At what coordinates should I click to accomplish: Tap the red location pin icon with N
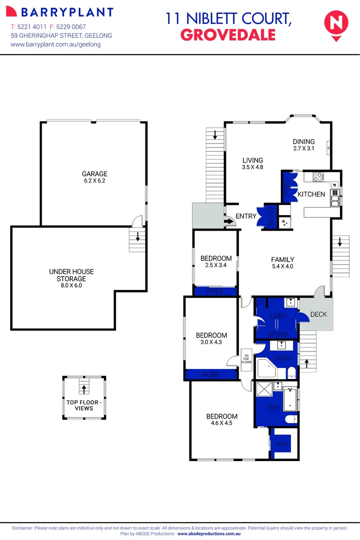click(x=334, y=23)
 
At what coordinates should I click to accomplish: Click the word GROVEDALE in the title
click(x=227, y=34)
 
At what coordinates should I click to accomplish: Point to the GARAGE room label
click(x=94, y=174)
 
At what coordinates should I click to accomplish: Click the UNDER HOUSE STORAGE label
click(x=71, y=275)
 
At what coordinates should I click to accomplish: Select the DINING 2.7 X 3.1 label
click(x=303, y=145)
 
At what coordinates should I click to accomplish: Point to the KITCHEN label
click(x=311, y=194)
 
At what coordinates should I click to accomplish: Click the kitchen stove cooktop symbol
click(x=317, y=176)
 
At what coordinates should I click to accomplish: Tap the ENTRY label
click(x=246, y=216)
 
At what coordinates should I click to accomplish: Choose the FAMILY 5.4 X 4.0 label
click(x=282, y=263)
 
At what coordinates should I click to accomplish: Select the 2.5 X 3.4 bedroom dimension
click(x=216, y=265)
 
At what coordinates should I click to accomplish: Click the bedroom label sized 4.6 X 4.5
click(x=222, y=419)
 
